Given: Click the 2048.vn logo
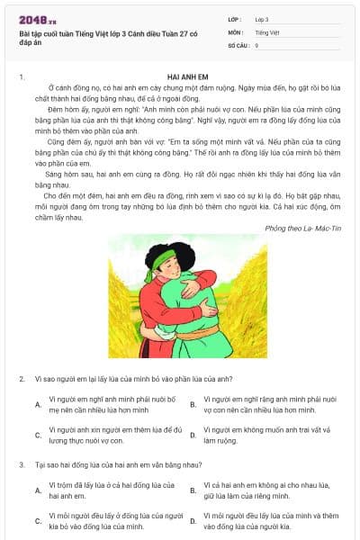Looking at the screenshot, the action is point(36,18).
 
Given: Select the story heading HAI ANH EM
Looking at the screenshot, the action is point(188,77).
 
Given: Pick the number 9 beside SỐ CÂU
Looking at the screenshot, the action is point(256,44).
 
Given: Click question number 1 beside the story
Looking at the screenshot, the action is point(22,77).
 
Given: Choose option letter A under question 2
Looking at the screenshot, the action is point(38,404).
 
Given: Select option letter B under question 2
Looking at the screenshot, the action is point(193,404).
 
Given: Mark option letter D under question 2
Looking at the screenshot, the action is point(193,436).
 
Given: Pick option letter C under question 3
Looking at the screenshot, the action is point(38,520).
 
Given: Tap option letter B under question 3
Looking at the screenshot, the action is point(193,490).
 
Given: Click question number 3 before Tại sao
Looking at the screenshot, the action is point(22,464).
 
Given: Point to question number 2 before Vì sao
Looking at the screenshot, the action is point(22,379).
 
